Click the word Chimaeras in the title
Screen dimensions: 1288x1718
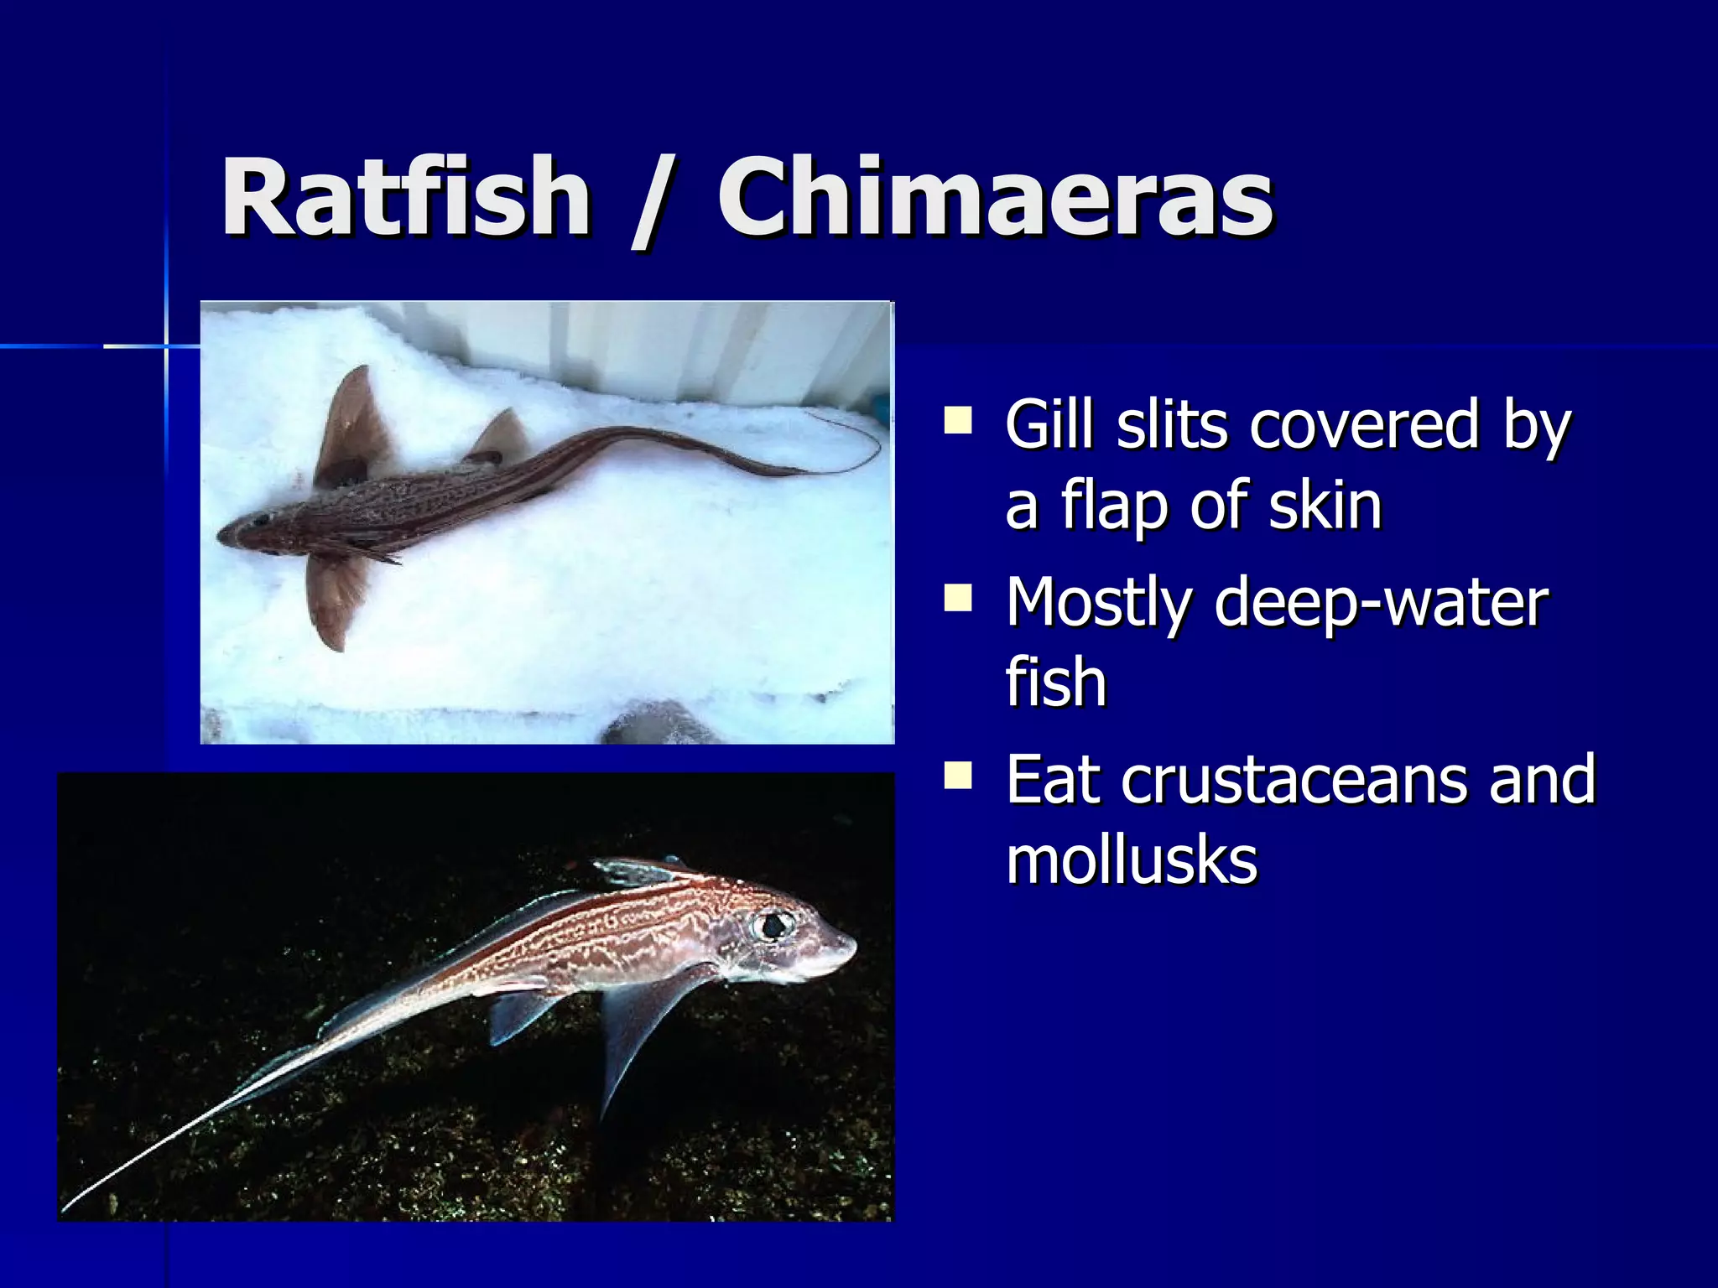pos(995,198)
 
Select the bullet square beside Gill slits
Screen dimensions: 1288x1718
pos(957,420)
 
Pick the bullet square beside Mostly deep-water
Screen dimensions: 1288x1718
pos(957,599)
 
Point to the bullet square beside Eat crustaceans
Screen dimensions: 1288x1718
pos(957,776)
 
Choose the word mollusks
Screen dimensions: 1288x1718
pos(1132,860)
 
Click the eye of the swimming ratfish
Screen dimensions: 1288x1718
pos(773,925)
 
